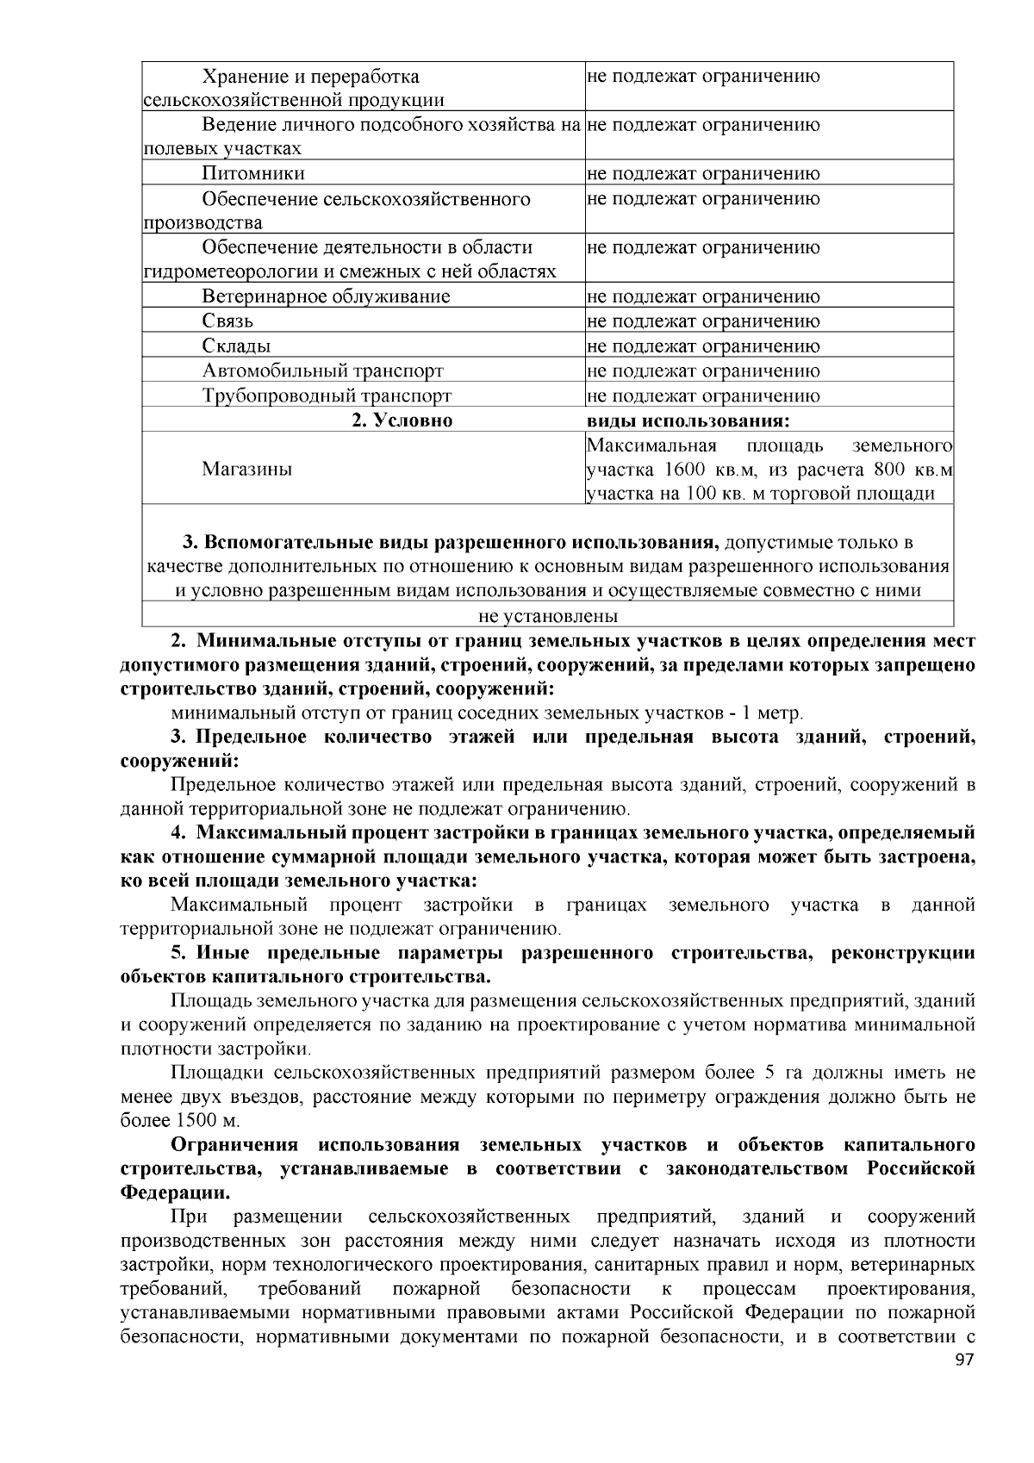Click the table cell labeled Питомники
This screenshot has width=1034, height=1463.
pos(253,173)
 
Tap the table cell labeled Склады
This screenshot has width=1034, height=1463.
pos(236,346)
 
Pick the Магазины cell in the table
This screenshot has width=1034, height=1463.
pos(246,469)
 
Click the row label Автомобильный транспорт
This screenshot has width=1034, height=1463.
pos(322,370)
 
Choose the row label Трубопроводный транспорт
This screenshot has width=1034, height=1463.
pos(327,395)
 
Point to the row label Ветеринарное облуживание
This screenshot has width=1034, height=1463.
pos(326,296)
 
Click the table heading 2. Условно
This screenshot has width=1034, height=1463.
pos(402,420)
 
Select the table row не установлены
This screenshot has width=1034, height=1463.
pos(548,616)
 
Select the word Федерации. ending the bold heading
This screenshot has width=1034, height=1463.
pos(175,1193)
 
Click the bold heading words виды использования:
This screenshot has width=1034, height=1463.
pos(688,420)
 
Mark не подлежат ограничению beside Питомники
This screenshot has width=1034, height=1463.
pos(703,173)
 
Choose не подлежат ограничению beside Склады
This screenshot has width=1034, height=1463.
pos(703,346)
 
